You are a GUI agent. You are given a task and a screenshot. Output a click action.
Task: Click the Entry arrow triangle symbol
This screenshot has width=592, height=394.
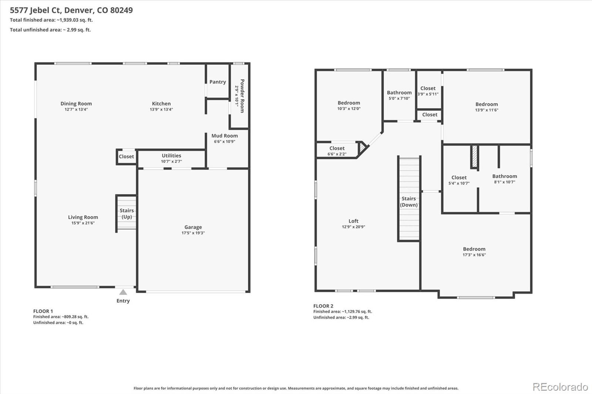coord(123,292)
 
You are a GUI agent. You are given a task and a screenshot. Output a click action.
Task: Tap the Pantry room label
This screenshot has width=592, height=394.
coord(218,82)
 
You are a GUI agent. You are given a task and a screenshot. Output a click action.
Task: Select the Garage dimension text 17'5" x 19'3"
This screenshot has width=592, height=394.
coord(193,233)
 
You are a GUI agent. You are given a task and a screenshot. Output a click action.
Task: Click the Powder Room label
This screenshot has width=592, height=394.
coord(242,96)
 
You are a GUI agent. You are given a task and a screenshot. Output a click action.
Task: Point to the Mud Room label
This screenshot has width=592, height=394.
coord(224,136)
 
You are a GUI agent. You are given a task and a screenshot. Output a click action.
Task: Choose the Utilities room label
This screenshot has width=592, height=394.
coord(171,156)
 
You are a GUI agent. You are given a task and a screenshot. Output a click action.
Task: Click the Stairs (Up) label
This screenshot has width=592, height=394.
coord(127,214)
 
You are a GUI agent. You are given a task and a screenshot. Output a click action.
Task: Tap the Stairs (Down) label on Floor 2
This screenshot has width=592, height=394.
coord(408,201)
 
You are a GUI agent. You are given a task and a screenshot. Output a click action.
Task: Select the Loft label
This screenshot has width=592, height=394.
coord(353,221)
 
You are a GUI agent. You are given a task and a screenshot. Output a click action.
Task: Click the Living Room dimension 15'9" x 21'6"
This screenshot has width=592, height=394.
coord(83,223)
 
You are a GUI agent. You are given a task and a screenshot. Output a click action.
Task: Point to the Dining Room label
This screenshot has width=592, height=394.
coord(76,103)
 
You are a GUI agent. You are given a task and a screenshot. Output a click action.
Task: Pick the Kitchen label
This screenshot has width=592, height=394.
coord(161,103)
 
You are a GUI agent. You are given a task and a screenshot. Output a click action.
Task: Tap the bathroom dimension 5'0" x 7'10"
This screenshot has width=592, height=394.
coord(399,98)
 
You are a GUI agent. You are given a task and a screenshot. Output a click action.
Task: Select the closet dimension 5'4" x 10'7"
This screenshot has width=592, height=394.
coord(459,183)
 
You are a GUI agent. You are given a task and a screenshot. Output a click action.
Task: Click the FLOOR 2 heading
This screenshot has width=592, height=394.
coord(323,306)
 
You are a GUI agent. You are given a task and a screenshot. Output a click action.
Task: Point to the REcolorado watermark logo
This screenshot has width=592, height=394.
coord(560,387)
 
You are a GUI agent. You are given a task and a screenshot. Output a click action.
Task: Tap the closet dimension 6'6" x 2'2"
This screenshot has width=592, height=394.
coord(337,154)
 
